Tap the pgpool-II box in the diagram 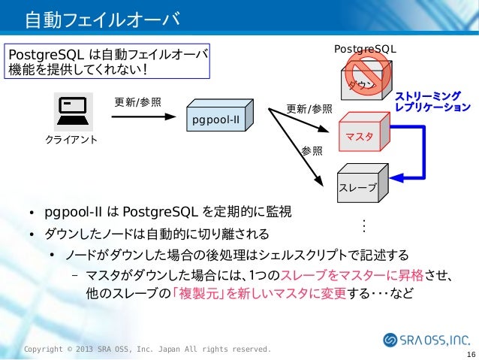tap(221, 119)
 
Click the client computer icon tap(73, 112)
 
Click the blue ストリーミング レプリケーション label tap(432, 102)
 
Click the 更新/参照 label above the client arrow tap(137, 102)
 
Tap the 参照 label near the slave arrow tap(312, 150)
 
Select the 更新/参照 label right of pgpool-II tap(309, 108)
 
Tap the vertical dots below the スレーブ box tap(363, 225)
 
